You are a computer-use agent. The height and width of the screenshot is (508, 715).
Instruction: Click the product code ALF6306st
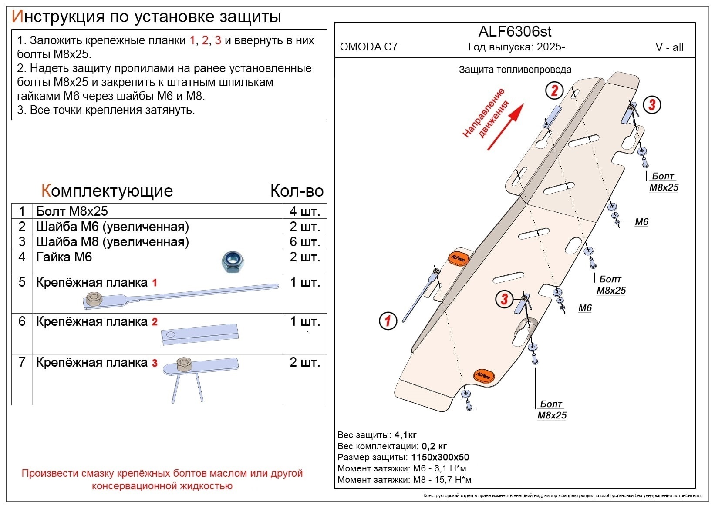515,32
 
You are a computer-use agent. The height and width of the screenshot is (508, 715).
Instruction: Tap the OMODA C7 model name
368,47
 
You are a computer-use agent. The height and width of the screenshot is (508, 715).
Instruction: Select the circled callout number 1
388,321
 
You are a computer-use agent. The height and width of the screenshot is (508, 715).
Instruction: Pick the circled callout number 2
554,90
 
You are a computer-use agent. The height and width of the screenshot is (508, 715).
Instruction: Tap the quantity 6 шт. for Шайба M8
304,242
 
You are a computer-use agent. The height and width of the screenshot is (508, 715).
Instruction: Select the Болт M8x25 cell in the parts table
72,211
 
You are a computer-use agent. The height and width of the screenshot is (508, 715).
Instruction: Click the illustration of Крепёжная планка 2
200,334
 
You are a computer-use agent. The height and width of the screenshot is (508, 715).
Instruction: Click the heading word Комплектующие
107,191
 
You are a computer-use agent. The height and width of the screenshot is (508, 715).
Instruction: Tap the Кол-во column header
297,191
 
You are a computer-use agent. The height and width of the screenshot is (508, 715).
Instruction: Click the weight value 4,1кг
405,435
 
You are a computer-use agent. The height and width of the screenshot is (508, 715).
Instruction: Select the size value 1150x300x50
440,457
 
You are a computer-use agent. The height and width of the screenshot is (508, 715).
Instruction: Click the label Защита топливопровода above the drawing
515,70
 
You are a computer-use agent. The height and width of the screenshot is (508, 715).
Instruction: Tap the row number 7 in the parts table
22,362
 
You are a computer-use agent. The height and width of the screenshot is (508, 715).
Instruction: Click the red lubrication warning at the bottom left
162,479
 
